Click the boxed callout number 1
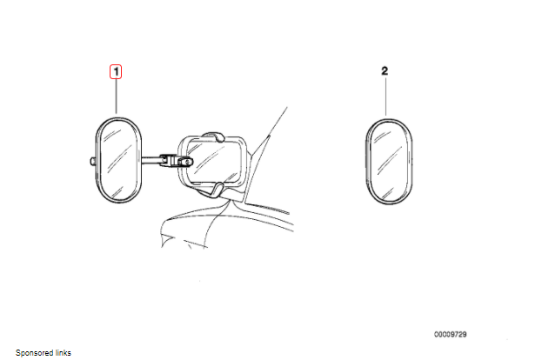point(116,72)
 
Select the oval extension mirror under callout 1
point(117,159)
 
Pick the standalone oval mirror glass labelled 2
point(387,162)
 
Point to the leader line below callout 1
point(116,97)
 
